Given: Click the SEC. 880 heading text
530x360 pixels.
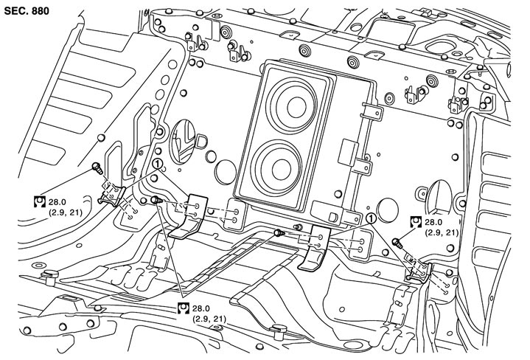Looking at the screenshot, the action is [27, 11].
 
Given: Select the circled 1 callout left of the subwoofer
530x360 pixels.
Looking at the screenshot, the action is [158, 164].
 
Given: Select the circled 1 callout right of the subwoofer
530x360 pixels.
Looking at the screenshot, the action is [371, 219].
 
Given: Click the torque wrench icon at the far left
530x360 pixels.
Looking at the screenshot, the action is [40, 201].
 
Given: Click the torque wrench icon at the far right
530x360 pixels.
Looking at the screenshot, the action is [416, 222].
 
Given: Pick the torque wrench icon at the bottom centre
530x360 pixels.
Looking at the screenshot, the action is [184, 308].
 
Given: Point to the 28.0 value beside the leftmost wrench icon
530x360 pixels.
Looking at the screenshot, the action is [57, 202].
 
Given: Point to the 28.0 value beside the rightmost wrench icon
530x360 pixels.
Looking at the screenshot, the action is [433, 222].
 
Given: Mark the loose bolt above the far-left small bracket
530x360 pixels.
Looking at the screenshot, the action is [97, 167].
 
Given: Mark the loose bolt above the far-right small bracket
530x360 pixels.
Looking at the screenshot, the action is [397, 243].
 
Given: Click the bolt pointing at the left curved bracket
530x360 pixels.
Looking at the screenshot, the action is [156, 201].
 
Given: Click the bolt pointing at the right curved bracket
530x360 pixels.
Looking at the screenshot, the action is [279, 232].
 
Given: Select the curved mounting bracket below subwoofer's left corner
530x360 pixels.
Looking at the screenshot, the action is [189, 217].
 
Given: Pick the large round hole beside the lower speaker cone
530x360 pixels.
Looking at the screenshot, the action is [226, 172].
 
